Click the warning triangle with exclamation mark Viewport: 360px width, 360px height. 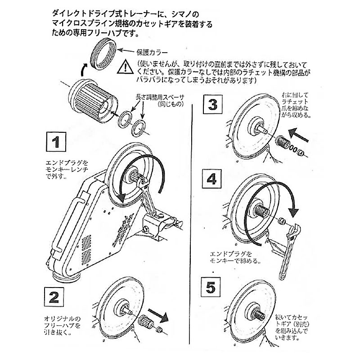(123, 68)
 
